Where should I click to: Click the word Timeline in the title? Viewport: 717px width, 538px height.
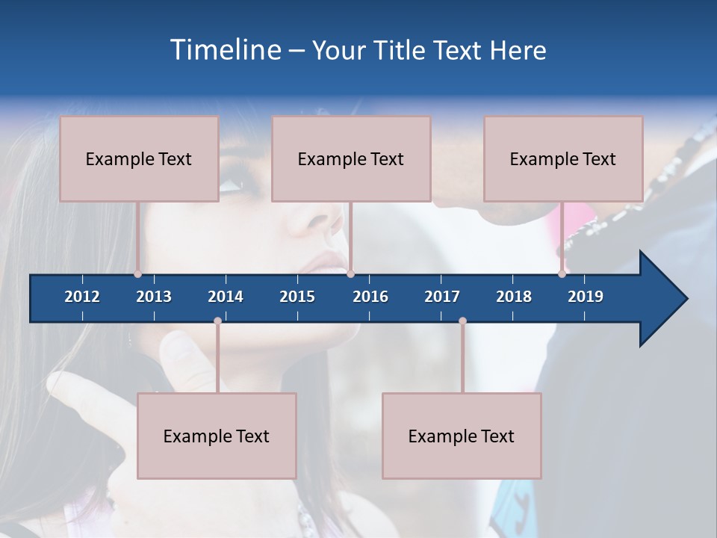point(225,50)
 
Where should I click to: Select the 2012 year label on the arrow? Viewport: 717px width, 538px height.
point(82,297)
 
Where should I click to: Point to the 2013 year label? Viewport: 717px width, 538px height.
point(154,297)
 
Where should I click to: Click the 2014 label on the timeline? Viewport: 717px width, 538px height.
point(226,297)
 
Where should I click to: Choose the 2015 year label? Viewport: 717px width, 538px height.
point(297,297)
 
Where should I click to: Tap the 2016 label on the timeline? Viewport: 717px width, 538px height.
point(370,297)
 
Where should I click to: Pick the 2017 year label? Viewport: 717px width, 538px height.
point(442,297)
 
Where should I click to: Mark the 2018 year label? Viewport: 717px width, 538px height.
point(514,297)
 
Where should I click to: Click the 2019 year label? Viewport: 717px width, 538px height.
point(586,297)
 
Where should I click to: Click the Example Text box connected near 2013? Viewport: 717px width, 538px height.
point(139,158)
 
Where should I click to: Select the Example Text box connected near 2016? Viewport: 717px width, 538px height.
point(351,158)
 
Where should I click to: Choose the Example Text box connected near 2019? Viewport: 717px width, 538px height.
point(563,158)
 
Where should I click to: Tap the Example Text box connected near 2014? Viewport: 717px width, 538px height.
point(217,436)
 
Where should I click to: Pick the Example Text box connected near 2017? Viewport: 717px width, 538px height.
point(462,436)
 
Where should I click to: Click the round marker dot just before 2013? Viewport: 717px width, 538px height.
point(138,274)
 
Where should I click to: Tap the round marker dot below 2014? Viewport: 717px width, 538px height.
point(217,321)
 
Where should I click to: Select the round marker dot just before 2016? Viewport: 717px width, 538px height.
point(350,274)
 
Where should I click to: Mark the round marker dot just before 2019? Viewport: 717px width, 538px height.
point(562,274)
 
